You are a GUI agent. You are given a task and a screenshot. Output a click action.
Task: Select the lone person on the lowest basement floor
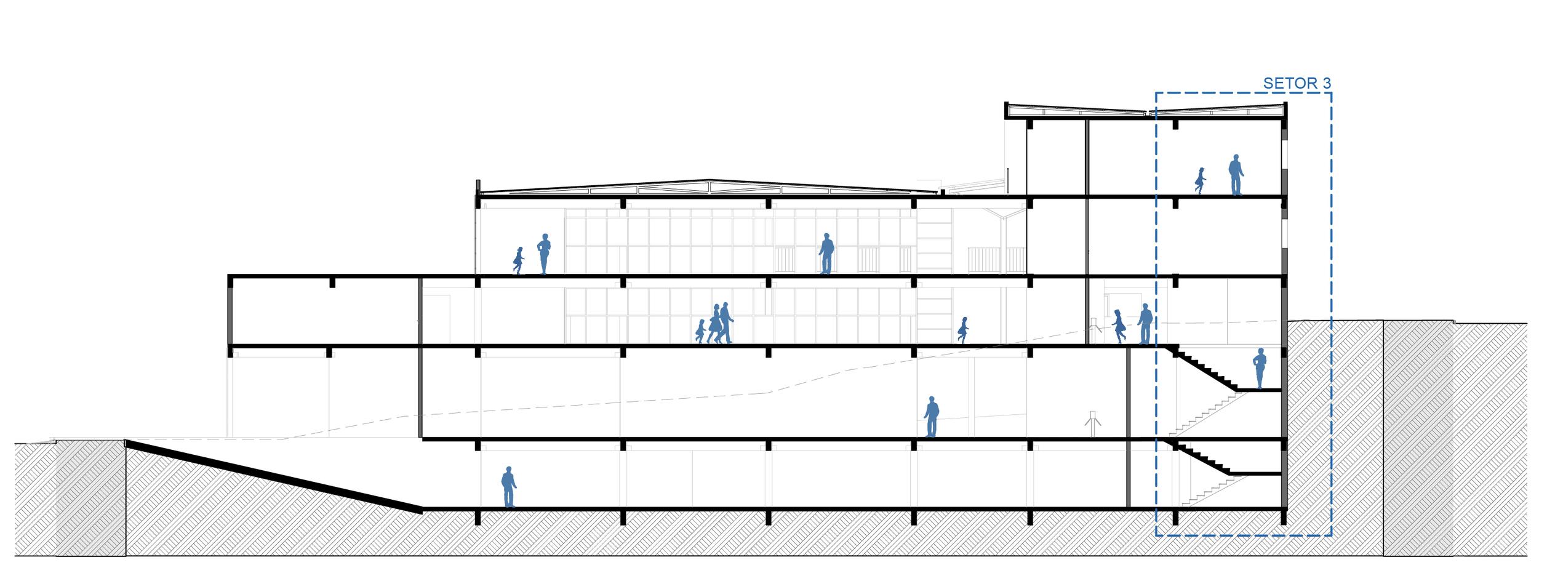[508, 486]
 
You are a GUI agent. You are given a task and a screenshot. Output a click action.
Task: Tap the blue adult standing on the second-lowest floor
[932, 417]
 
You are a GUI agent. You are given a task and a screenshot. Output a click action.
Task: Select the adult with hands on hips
[543, 254]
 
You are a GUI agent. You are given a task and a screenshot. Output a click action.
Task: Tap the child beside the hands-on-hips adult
[519, 260]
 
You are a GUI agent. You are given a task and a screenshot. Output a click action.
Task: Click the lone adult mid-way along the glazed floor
[826, 253]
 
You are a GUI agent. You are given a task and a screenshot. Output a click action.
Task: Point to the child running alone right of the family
[963, 330]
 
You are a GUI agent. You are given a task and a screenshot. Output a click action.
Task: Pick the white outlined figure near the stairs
[1092, 424]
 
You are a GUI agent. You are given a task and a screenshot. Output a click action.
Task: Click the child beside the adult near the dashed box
[1119, 327]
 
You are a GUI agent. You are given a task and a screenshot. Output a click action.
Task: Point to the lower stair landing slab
[1255, 474]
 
